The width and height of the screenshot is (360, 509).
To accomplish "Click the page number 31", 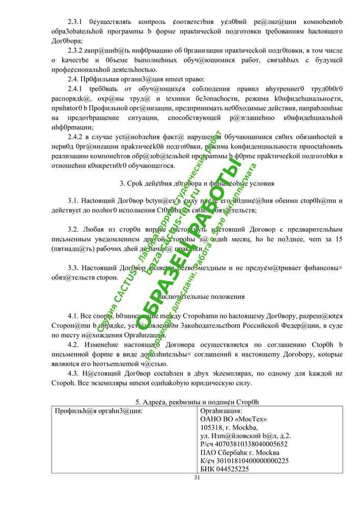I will pyautogui.click(x=197, y=477).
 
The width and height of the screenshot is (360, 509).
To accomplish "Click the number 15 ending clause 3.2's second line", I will pyautogui.click(x=338, y=239).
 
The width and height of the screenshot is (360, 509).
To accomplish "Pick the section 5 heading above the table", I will pyautogui.click(x=197, y=402).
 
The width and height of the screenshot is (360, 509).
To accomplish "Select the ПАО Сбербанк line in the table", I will pyautogui.click(x=240, y=453).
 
